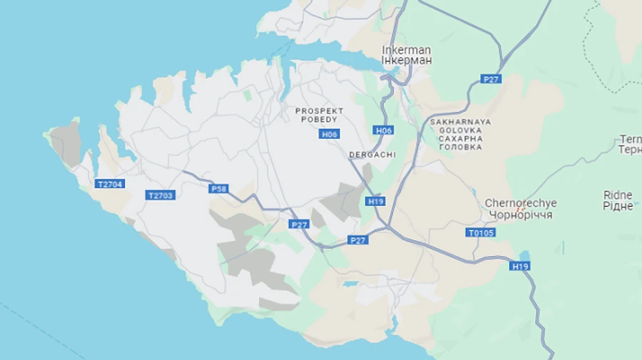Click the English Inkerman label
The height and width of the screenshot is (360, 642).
coord(406,50)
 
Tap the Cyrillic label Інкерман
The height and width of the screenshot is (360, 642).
coord(406,61)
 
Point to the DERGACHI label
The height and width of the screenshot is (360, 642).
coord(372,155)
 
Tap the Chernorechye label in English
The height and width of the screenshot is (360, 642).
coord(521,203)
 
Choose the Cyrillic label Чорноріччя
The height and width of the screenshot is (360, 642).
coord(521,215)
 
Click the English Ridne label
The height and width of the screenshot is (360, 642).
coord(618,195)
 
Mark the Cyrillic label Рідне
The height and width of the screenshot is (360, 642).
coord(618,206)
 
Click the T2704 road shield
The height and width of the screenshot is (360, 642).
coord(110,184)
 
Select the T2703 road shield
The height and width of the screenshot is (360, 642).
coord(160,195)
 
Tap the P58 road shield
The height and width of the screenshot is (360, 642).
coord(219,189)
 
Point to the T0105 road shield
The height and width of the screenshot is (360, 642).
coord(481,232)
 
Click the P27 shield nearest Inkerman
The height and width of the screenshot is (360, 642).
coord(490,79)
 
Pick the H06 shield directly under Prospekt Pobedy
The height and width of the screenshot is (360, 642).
coord(330,134)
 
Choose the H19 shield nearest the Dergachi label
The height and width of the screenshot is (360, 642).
coord(376,202)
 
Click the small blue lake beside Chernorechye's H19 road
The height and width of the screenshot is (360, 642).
coord(526,255)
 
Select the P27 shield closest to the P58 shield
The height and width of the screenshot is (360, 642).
coord(300,225)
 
